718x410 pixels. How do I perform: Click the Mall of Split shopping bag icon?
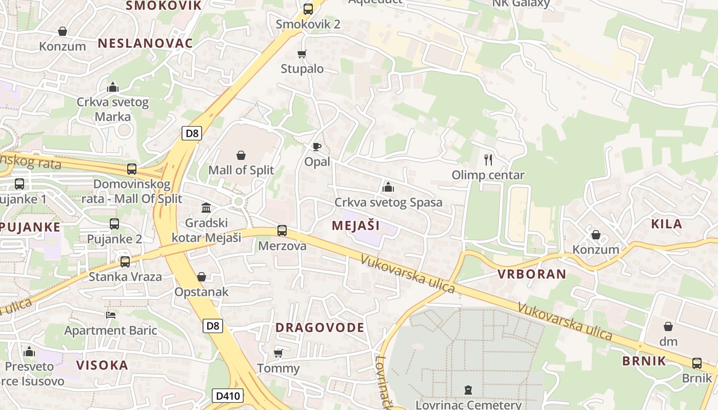tap(241, 155)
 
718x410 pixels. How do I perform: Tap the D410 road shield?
tap(228, 395)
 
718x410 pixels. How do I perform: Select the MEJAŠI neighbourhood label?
tap(355, 225)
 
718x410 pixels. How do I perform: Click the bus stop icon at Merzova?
tap(282, 231)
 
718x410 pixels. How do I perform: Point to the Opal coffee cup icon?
tap(317, 147)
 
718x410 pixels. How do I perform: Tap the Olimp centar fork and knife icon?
tap(488, 160)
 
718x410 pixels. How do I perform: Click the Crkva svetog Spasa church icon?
tap(388, 187)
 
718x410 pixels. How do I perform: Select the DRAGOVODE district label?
tap(320, 327)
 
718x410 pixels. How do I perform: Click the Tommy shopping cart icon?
tap(278, 353)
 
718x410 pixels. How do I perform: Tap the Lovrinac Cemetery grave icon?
tap(468, 390)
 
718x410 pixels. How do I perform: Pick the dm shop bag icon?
tap(668, 326)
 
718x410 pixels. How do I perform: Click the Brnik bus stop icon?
tap(697, 363)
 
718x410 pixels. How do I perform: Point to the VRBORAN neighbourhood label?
tap(532, 274)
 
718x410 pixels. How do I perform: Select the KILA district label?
tap(666, 223)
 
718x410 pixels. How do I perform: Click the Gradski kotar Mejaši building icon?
tap(206, 208)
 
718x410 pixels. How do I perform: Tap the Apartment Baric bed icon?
tap(110, 315)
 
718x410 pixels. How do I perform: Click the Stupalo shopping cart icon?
tap(302, 54)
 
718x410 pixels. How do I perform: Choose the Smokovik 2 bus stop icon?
tap(308, 9)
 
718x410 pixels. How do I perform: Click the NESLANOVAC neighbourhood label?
tap(145, 43)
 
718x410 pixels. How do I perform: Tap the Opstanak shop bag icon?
tap(202, 277)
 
